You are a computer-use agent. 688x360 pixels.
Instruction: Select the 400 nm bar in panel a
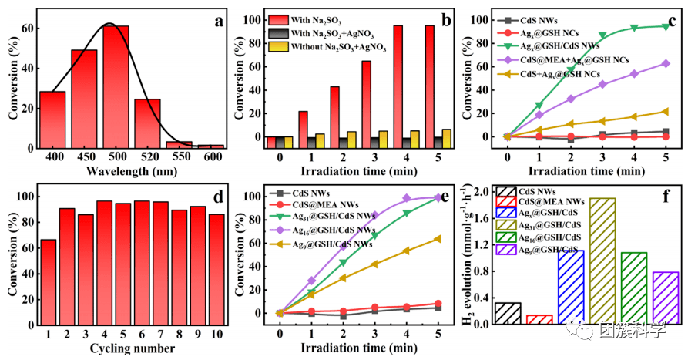pos(52,119)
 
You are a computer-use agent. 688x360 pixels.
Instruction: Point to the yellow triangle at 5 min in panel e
pos(438,239)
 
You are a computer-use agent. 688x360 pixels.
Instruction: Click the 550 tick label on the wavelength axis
pos(180,157)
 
